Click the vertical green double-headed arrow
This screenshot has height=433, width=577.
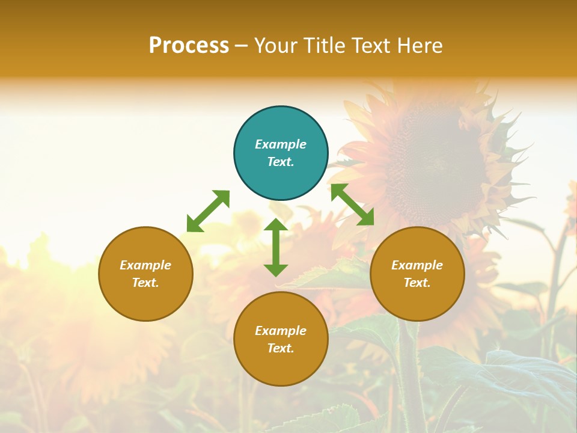[x=276, y=247]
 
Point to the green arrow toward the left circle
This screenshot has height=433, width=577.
[x=208, y=211]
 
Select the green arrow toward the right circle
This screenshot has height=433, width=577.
[x=352, y=204]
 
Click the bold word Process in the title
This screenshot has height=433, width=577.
[x=189, y=46]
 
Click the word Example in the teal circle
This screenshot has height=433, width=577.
[x=281, y=144]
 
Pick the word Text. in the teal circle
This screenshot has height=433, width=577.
[x=281, y=162]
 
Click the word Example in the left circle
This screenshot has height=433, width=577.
[x=145, y=265]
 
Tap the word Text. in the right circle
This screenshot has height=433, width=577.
[x=417, y=283]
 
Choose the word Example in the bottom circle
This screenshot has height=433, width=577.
[x=281, y=331]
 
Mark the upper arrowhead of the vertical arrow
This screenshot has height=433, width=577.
[x=276, y=226]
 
